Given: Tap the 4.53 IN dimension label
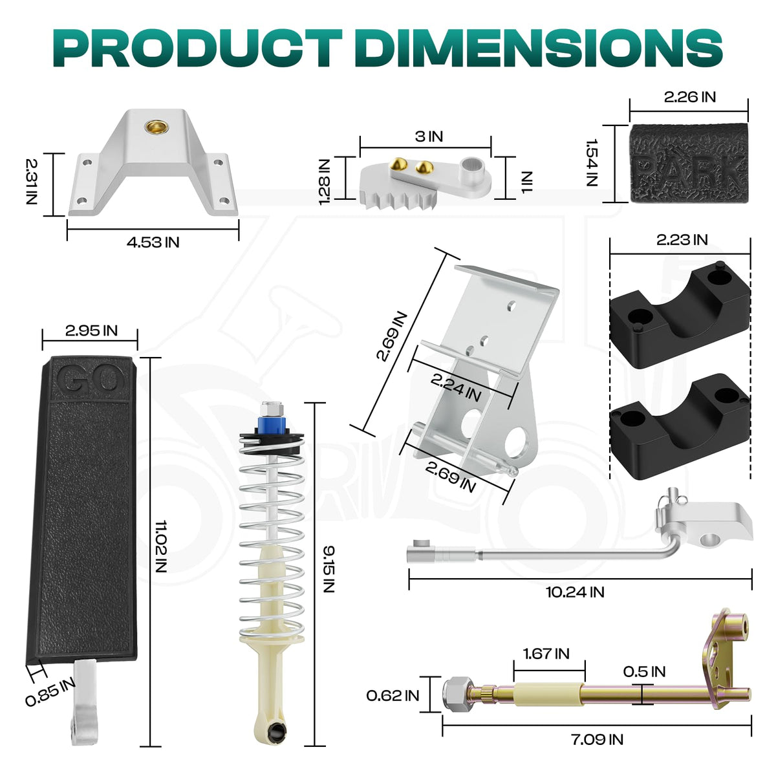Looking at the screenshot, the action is pyautogui.click(x=153, y=242).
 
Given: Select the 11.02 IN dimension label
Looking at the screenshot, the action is pyautogui.click(x=160, y=546).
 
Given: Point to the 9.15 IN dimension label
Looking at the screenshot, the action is pyautogui.click(x=329, y=569).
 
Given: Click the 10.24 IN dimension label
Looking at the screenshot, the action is pyautogui.click(x=575, y=592).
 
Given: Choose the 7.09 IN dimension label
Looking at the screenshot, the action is pyautogui.click(x=598, y=739).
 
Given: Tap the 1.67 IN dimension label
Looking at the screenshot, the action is pyautogui.click(x=546, y=654).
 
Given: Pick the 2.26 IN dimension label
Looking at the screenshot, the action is pyautogui.click(x=690, y=97).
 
